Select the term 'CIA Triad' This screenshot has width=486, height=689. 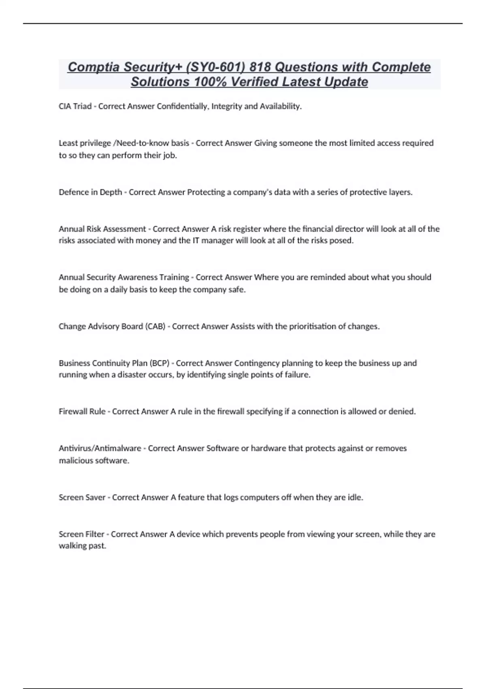point(75,107)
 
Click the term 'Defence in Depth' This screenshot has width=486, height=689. point(90,192)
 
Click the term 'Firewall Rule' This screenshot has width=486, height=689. point(82,411)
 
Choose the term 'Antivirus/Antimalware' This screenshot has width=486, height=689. point(100,448)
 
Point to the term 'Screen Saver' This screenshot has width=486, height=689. point(82,497)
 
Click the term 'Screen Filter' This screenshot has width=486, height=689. point(81,534)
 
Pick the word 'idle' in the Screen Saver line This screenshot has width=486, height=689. point(355,497)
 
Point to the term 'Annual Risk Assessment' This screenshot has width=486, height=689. point(102,229)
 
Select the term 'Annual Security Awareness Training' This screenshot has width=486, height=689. point(124,278)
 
